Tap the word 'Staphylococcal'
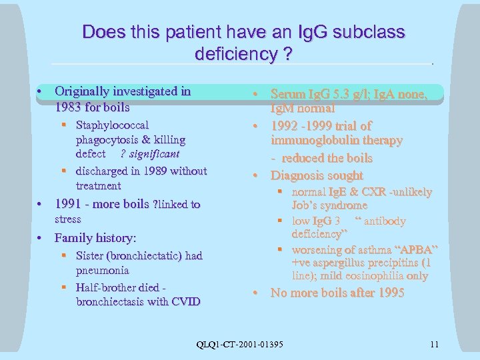tap(112, 125)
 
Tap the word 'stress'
tap(67, 219)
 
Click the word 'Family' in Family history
tap(73, 237)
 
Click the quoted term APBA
tap(417, 249)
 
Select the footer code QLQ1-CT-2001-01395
tap(240, 344)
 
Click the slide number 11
tap(435, 344)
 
